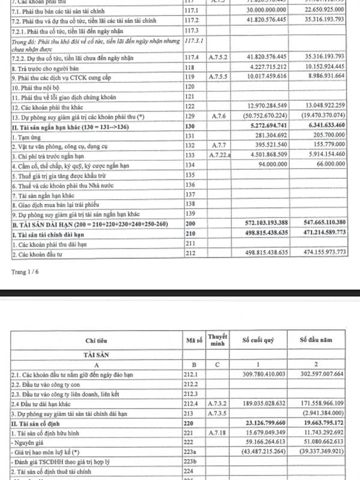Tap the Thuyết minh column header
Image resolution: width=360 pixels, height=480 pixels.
216,340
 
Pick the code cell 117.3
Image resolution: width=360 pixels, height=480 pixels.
192,30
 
